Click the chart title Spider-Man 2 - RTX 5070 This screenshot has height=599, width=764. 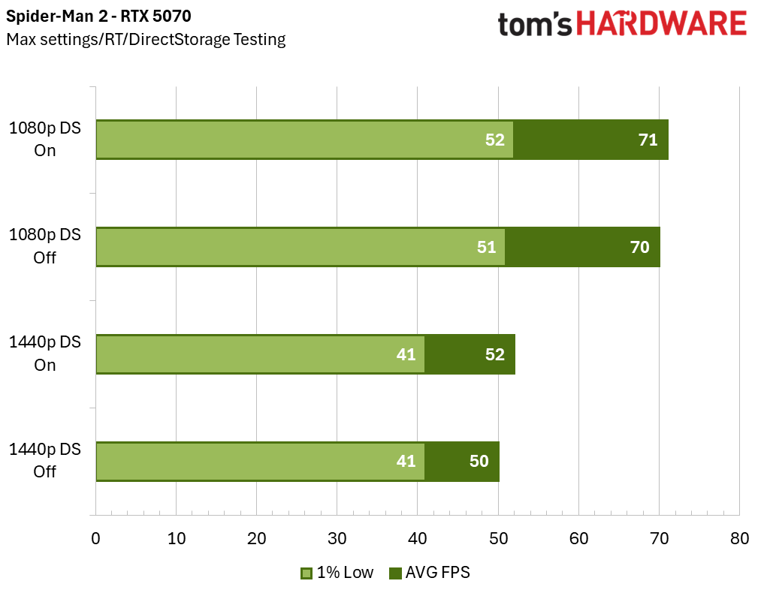[94, 15]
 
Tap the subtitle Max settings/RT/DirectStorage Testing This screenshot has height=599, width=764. [146, 39]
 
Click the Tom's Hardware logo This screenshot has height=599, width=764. [622, 24]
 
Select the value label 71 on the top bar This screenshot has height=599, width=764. [648, 140]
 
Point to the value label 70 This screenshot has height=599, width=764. [639, 247]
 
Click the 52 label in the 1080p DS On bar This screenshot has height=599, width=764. [494, 140]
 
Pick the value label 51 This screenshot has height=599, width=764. [486, 247]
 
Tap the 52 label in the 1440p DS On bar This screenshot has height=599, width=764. [494, 354]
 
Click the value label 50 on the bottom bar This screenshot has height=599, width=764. [479, 461]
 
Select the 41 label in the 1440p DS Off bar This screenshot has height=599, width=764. [406, 461]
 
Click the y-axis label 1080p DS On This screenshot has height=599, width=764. [45, 139]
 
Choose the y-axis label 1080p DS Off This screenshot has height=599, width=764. [45, 246]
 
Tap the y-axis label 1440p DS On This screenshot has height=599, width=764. [45, 354]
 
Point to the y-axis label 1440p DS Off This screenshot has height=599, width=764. [45, 460]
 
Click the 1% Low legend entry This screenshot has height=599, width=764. [337, 573]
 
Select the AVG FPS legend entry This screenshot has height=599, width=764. [430, 573]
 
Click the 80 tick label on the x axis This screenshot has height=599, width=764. [739, 539]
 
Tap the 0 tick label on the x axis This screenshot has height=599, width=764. [95, 539]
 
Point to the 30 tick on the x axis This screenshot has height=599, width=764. [337, 539]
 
